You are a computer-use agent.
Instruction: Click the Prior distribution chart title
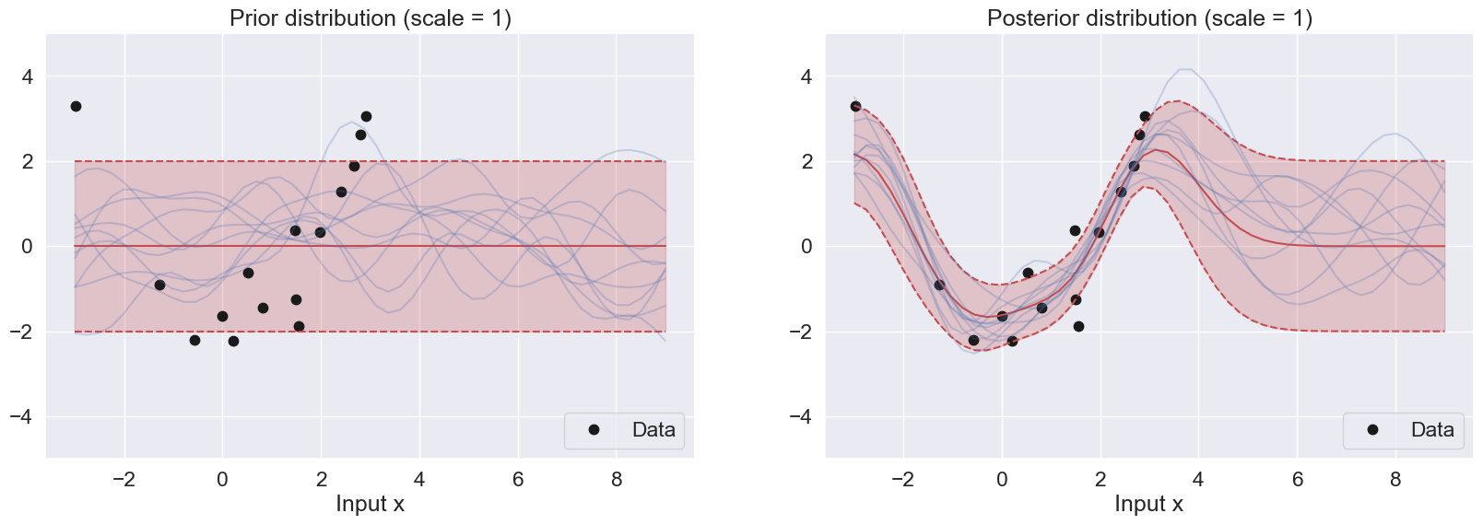point(370,18)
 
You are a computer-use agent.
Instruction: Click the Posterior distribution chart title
point(1149,18)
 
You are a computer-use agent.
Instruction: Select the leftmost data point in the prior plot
point(76,107)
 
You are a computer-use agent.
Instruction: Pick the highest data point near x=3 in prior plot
point(366,117)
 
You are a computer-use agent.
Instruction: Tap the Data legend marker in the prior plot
point(594,430)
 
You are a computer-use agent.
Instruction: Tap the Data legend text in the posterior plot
point(1432,430)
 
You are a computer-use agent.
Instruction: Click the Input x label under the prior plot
point(370,504)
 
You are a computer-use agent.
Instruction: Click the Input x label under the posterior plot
point(1148,504)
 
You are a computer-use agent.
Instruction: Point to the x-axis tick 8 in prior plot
point(617,480)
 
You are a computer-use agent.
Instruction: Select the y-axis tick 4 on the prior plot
point(28,76)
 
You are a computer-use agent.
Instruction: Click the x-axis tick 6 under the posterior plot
point(1297,480)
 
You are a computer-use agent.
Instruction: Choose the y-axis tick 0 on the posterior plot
point(806,247)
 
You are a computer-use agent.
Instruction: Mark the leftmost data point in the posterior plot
point(855,107)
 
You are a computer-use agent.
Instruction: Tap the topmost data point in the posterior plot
point(855,107)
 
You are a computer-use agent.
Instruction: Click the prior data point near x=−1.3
point(159,286)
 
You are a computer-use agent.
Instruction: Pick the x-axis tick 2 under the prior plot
point(321,480)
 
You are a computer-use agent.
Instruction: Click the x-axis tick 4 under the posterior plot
point(1198,480)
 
